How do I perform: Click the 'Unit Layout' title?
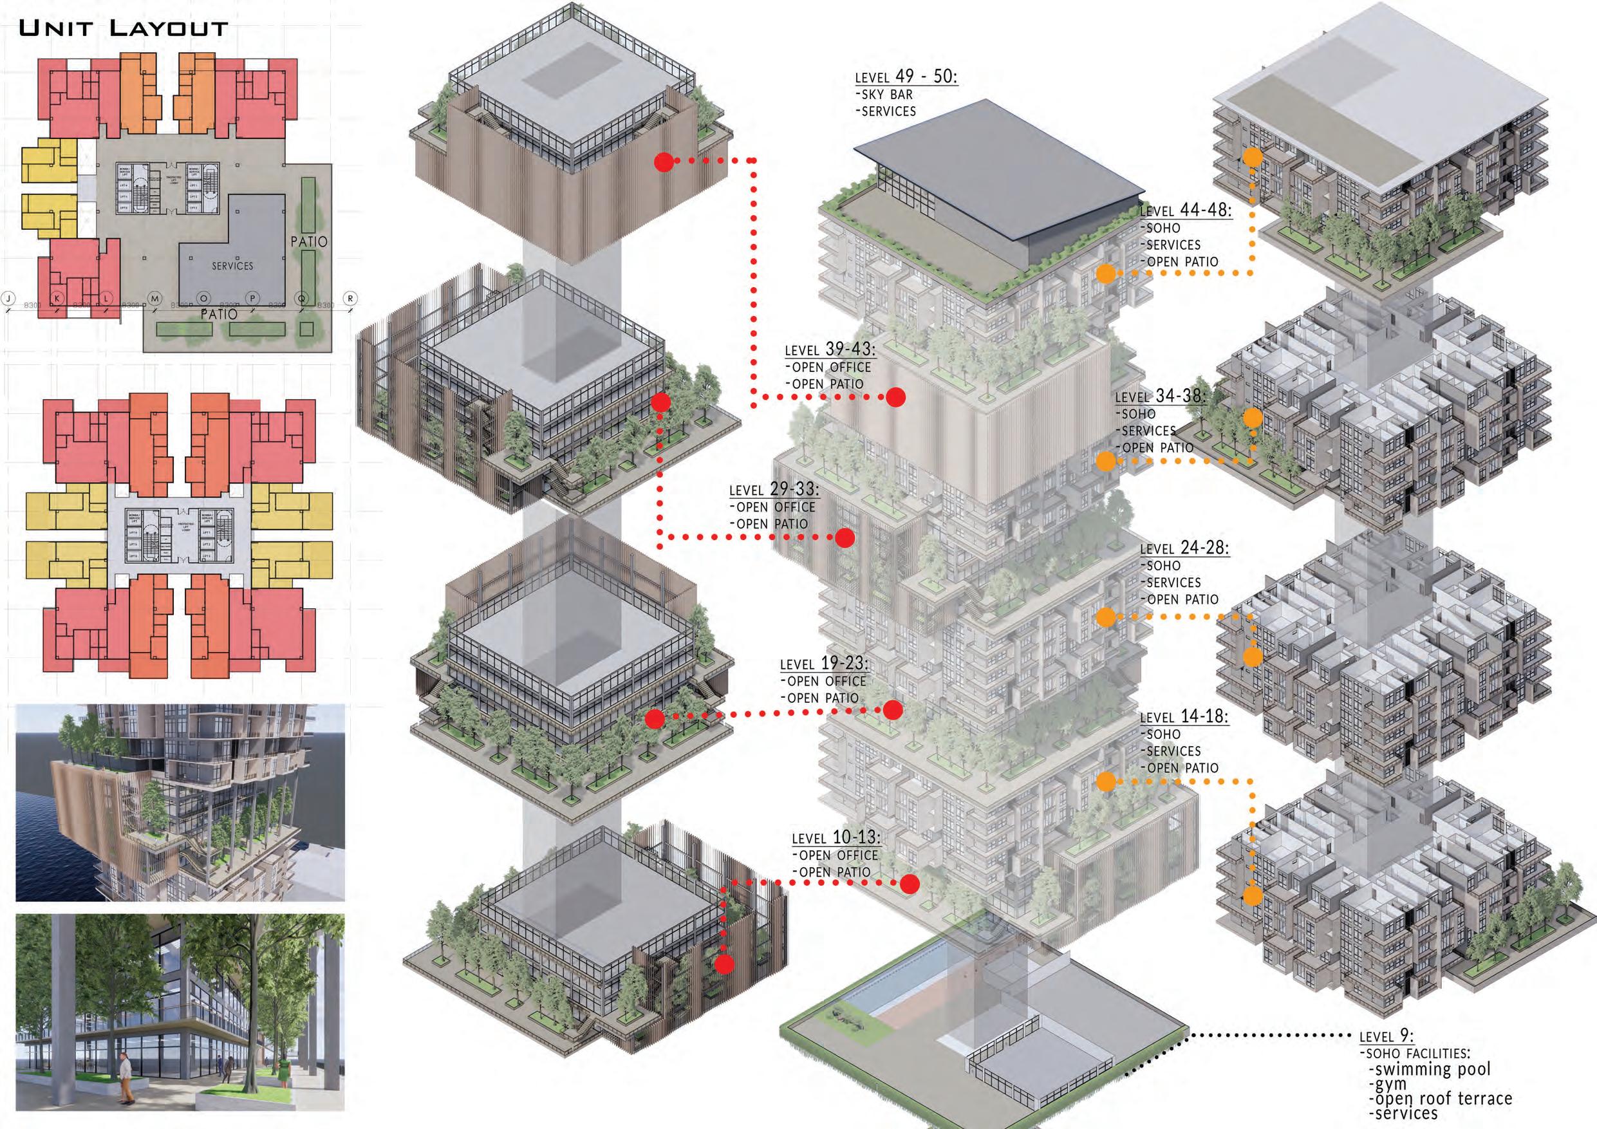(123, 28)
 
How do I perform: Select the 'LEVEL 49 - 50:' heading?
(906, 77)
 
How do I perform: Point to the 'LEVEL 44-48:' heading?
(1186, 210)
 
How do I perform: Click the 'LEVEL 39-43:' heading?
(830, 350)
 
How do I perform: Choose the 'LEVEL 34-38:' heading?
(1160, 396)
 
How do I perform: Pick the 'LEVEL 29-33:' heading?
(774, 490)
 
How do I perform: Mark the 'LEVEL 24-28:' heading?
(1184, 548)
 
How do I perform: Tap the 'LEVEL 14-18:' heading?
(1184, 716)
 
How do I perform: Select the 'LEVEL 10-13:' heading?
(836, 837)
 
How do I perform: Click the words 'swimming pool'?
(1430, 1069)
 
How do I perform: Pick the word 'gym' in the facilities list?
(1387, 1085)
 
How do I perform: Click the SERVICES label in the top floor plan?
(232, 266)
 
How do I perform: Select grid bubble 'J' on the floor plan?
(8, 299)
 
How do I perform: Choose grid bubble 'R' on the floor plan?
(351, 299)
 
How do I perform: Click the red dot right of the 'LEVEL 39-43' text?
(895, 397)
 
